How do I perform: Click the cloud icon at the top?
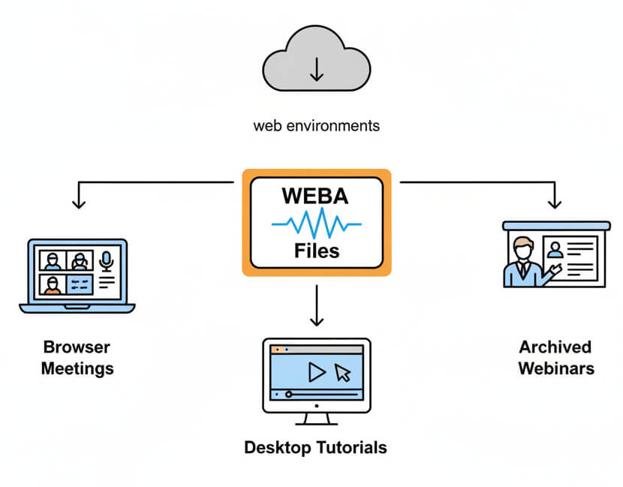316,60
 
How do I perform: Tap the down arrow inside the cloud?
316,69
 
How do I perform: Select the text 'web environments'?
316,125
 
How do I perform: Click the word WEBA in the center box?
316,197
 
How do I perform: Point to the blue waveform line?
316,224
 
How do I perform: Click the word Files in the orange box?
316,249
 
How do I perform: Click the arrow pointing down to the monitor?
316,319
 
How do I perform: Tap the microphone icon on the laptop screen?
106,261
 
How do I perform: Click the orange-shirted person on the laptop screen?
53,285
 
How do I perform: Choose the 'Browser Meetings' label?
77,358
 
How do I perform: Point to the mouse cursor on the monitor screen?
343,372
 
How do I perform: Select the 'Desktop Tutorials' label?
316,448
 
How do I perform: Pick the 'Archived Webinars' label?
555,358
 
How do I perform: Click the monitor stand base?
316,422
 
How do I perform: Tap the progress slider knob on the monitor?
288,394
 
